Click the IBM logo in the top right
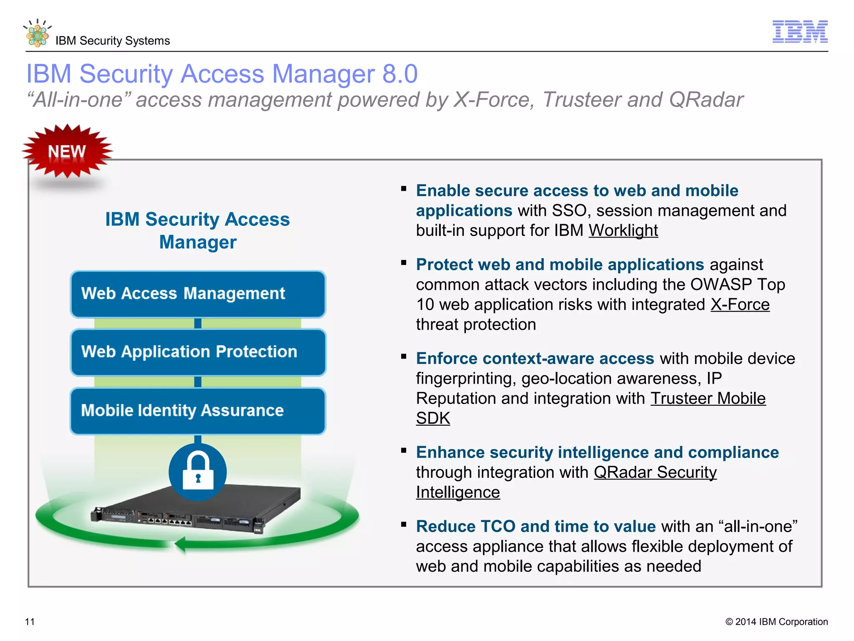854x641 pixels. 800,32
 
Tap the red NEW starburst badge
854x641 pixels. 67,151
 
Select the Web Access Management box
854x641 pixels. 198,294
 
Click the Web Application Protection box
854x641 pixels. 198,352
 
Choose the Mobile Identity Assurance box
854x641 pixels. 198,411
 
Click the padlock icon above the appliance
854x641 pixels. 198,472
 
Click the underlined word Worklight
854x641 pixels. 623,231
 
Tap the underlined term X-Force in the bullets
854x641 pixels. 740,305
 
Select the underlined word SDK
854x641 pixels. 433,418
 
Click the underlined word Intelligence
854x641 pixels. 458,492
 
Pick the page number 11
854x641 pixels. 30,622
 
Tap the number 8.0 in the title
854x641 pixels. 400,74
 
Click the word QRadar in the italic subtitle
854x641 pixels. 706,100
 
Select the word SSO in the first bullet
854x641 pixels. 569,211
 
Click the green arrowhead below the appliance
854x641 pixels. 180,544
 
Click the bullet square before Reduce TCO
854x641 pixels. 404,525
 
